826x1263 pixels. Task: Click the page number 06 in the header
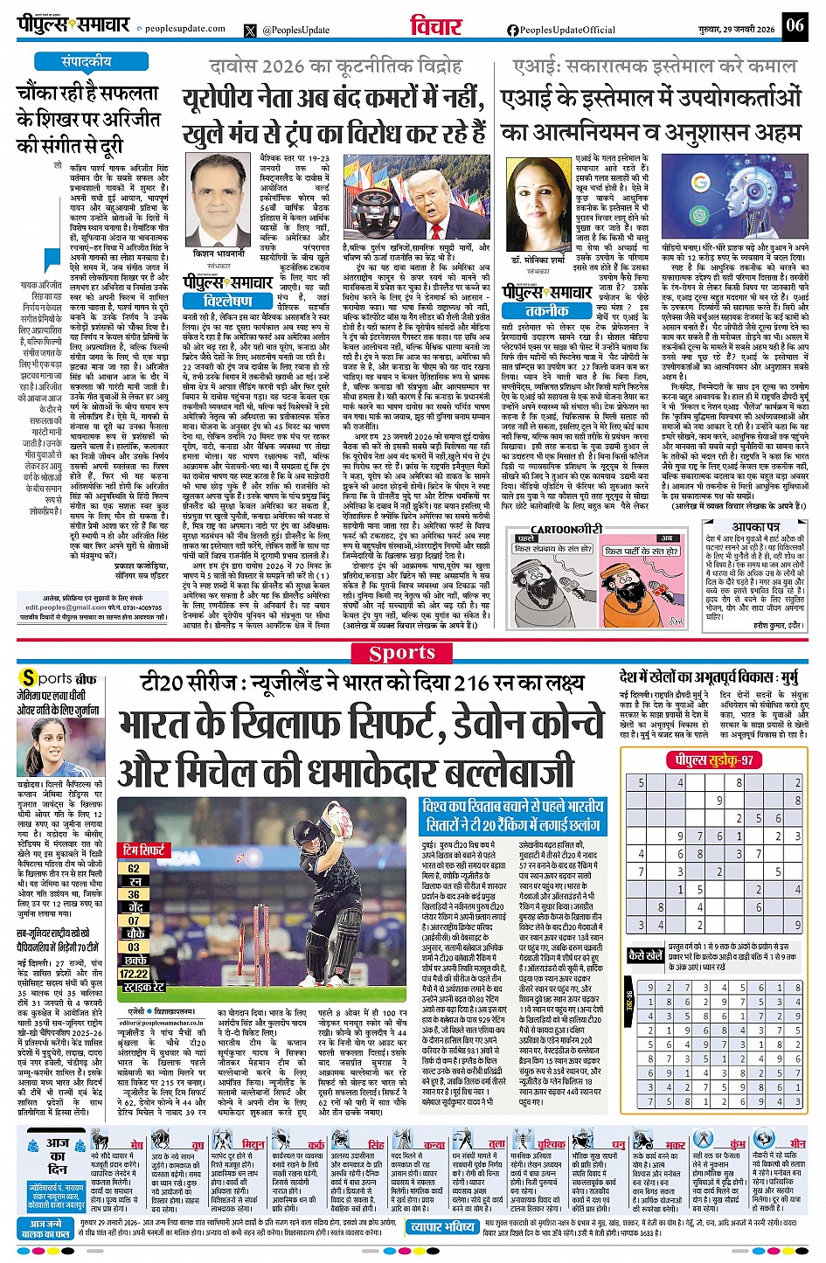click(794, 25)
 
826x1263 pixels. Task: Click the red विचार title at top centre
click(436, 27)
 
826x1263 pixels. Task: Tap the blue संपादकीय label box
click(86, 62)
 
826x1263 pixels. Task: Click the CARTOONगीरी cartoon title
click(567, 529)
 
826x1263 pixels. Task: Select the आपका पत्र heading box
click(756, 527)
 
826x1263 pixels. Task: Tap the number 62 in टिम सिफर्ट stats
click(134, 869)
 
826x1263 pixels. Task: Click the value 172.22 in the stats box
click(134, 973)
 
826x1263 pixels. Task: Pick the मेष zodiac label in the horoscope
click(136, 1144)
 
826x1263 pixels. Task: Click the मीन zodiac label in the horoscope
click(797, 1143)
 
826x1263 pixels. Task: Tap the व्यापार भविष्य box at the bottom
click(443, 1226)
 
